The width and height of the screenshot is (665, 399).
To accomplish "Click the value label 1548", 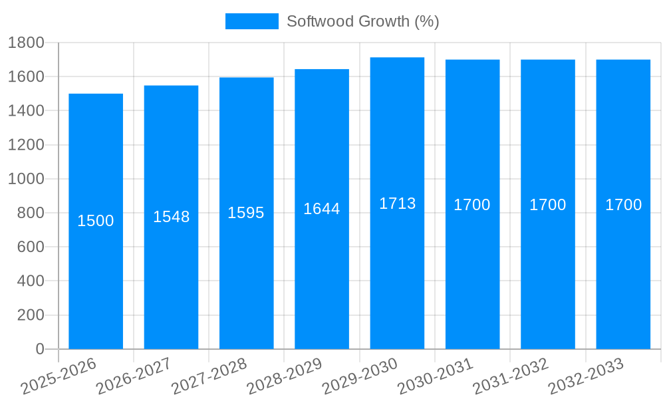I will [x=171, y=217].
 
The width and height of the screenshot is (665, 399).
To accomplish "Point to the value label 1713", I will [x=397, y=203].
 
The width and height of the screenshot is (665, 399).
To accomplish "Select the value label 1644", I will [x=321, y=209].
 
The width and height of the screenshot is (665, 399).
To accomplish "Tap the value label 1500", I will [x=96, y=221].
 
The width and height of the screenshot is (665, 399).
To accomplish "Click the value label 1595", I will [x=246, y=213].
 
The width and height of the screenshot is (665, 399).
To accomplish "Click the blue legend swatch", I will [x=251, y=21].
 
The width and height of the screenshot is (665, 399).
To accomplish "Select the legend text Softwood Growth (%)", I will [x=362, y=21].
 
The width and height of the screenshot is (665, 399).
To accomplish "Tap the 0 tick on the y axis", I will [x=39, y=349].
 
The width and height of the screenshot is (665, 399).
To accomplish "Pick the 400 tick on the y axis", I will [x=30, y=281].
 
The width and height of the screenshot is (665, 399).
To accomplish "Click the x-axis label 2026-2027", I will [x=133, y=376].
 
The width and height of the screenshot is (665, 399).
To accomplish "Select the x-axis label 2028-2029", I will [x=284, y=376].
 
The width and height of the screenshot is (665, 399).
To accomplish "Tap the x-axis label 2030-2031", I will [x=435, y=376].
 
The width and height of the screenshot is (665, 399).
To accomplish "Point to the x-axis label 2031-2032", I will [x=510, y=376].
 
